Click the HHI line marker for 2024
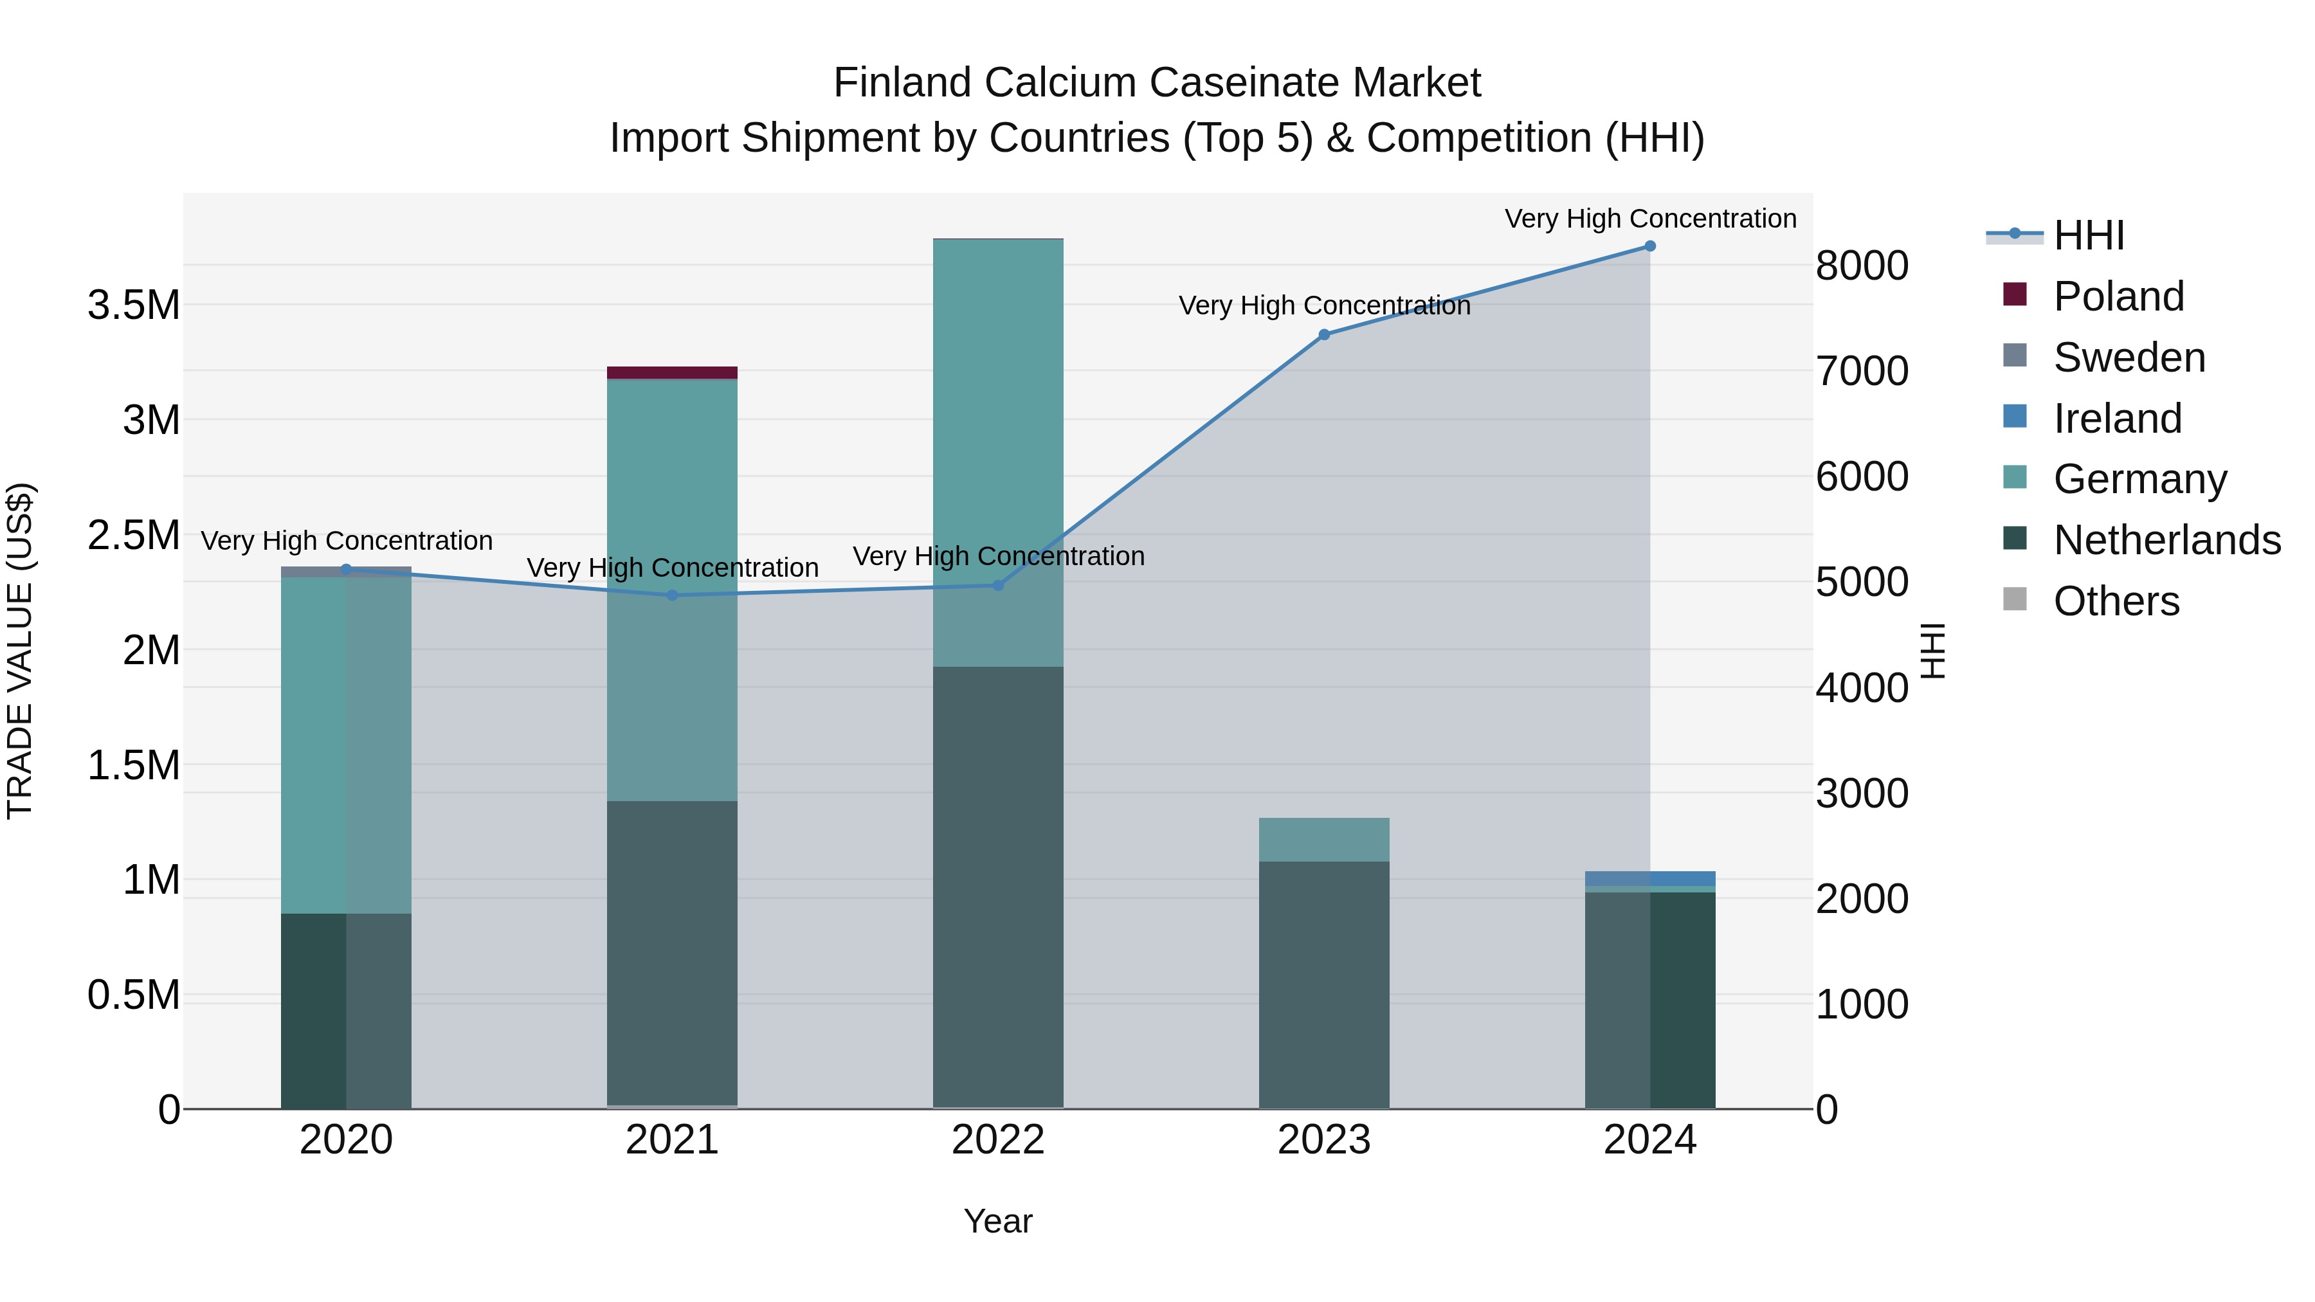tap(1650, 246)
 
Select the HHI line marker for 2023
tap(1324, 335)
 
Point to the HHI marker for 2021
tap(672, 595)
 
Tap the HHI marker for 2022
tap(997, 585)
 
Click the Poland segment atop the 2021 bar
tap(672, 373)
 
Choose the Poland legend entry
tap(2118, 296)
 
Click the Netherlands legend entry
tap(2166, 540)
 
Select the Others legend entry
tap(2116, 601)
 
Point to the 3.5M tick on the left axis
tap(134, 305)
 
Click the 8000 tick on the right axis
tap(1861, 266)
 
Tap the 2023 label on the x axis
tap(1324, 1140)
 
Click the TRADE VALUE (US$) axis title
tap(20, 651)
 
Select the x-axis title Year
tap(997, 1221)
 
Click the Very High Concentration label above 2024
tap(1650, 219)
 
